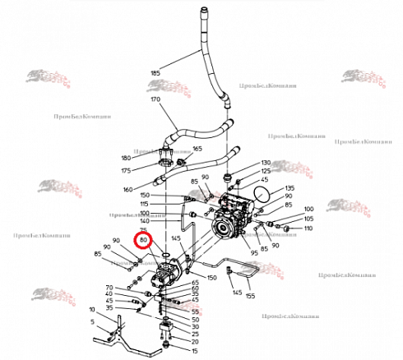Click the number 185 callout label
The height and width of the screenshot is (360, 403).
(155, 73)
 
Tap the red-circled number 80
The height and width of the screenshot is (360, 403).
(144, 240)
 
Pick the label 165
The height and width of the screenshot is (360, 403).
(197, 149)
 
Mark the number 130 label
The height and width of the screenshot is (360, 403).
(266, 163)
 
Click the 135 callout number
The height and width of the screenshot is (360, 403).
(289, 188)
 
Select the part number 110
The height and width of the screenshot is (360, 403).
(308, 228)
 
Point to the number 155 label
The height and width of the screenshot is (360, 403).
(250, 293)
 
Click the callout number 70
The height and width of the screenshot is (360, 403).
(109, 288)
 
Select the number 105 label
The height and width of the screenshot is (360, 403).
(308, 219)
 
